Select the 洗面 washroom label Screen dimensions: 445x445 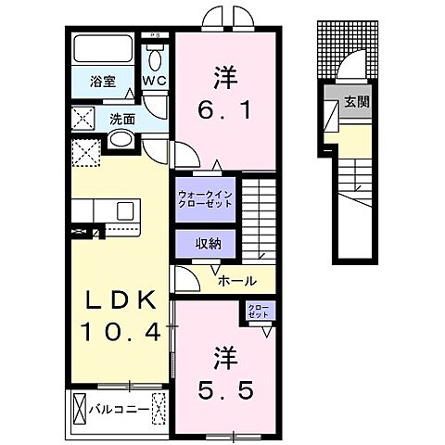(x=122, y=119)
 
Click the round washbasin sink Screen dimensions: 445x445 (x=120, y=140)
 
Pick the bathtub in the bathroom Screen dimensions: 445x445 (x=104, y=51)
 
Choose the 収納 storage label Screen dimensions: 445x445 (x=207, y=244)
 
